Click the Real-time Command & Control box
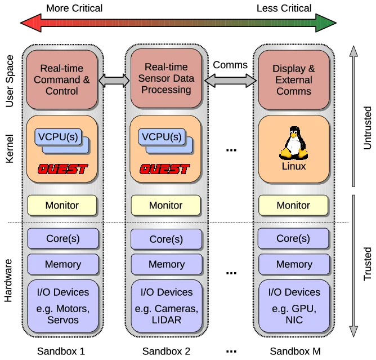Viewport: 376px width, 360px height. pyautogui.click(x=62, y=79)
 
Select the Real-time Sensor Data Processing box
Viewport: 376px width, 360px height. pyautogui.click(x=166, y=78)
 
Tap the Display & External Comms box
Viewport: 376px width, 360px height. pyautogui.click(x=293, y=79)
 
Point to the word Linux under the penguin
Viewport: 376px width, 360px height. pyautogui.click(x=293, y=167)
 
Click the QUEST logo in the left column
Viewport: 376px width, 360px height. pyautogui.click(x=62, y=168)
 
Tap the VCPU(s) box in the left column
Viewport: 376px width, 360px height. pyautogui.click(x=57, y=137)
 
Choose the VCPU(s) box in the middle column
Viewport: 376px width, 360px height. pyautogui.click(x=162, y=137)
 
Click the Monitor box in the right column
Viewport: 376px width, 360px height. pyautogui.click(x=293, y=206)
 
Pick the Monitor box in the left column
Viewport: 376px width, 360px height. pyautogui.click(x=62, y=206)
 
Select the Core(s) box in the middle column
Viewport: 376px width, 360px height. pyautogui.click(x=166, y=239)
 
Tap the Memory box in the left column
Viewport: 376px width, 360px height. pyautogui.click(x=62, y=264)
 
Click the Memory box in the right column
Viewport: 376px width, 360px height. pyautogui.click(x=294, y=264)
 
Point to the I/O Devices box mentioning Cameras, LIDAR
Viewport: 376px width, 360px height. pyautogui.click(x=166, y=306)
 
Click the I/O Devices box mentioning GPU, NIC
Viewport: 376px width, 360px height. pyautogui.click(x=294, y=306)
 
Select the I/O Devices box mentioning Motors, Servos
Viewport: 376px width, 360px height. pyautogui.click(x=62, y=306)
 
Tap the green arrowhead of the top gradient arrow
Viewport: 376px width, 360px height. pyautogui.click(x=327, y=23)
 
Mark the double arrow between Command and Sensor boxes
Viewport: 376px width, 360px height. pyautogui.click(x=114, y=82)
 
